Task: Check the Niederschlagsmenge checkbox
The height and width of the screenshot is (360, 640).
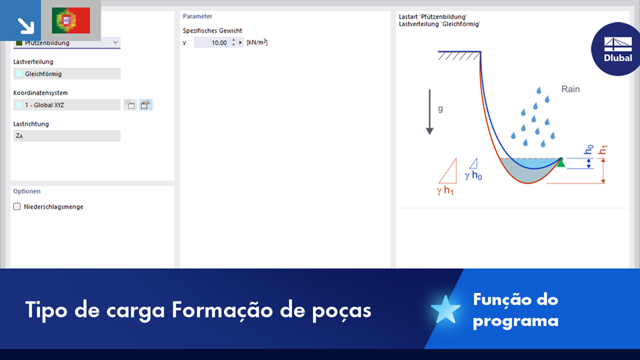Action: [x=17, y=206]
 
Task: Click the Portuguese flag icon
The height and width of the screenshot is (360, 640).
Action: [x=71, y=21]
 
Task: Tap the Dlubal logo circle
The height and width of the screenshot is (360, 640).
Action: [x=616, y=49]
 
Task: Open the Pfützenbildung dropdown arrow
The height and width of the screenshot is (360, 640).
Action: [x=116, y=42]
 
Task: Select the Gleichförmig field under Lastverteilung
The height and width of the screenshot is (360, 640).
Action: [x=67, y=74]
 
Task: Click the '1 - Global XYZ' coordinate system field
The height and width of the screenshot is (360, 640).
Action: [x=67, y=105]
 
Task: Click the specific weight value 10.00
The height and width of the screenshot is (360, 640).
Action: [x=219, y=42]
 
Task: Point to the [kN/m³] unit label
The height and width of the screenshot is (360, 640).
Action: [x=257, y=42]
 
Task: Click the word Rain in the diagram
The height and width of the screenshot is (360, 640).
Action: [x=570, y=89]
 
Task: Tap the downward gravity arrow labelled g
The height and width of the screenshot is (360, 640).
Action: [x=429, y=112]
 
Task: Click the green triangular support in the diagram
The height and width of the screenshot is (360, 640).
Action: [x=561, y=162]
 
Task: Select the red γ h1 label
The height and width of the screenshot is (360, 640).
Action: [x=445, y=191]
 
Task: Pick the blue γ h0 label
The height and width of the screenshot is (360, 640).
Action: [x=473, y=176]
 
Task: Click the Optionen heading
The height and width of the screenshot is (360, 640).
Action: [x=26, y=191]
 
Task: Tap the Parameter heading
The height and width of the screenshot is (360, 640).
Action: [x=197, y=16]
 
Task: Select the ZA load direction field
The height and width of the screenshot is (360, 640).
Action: [x=67, y=136]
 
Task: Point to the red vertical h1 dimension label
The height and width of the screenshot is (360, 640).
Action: [x=602, y=150]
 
